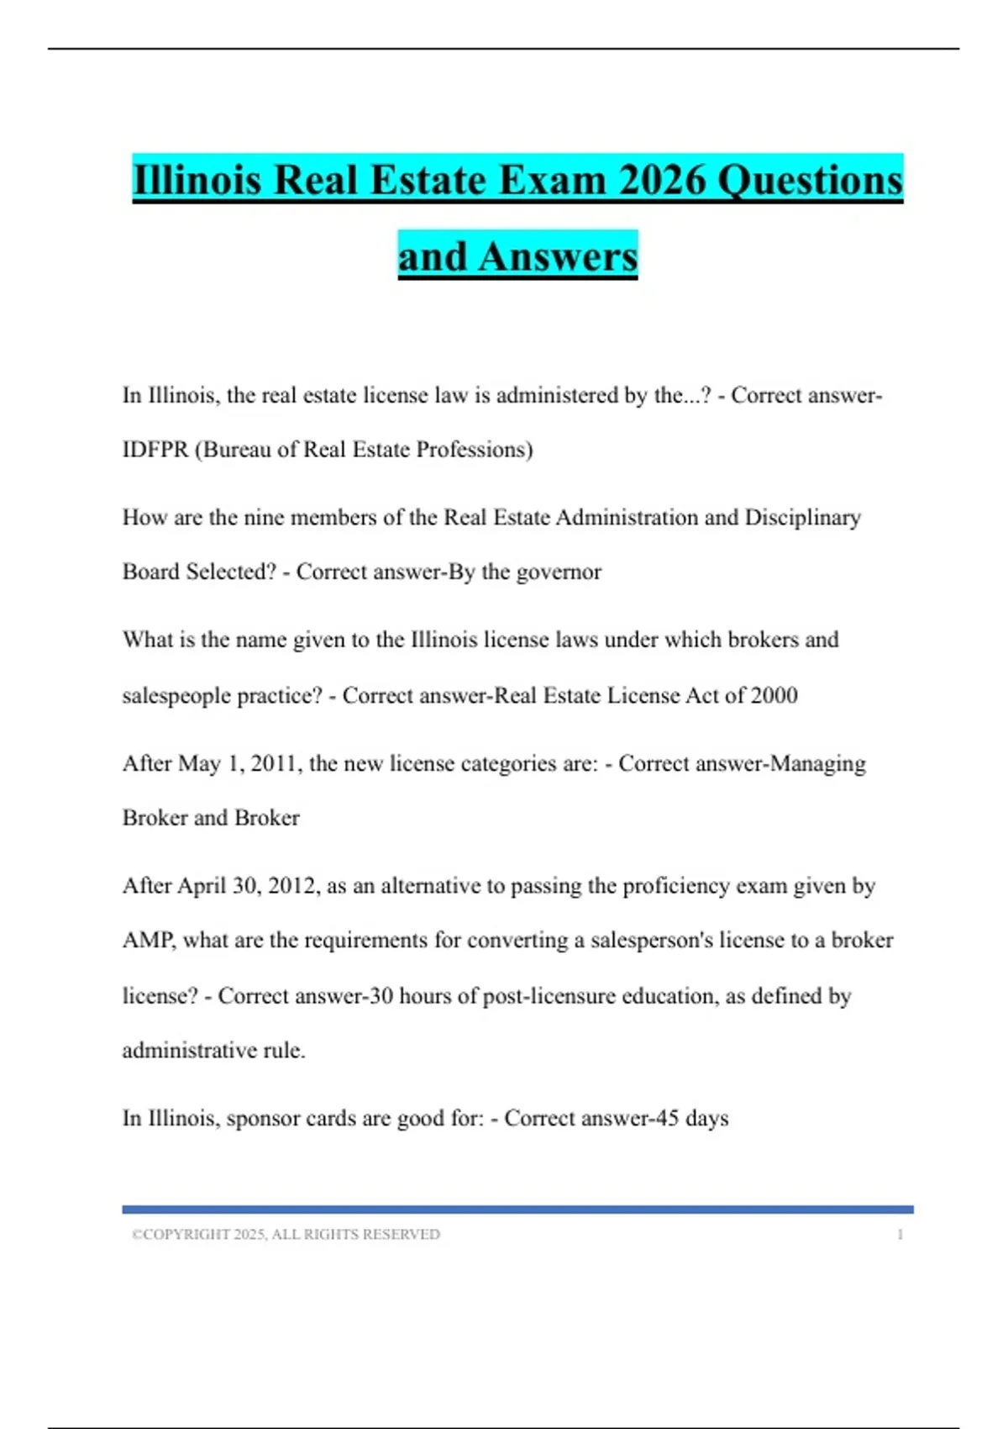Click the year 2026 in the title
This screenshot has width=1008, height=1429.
click(662, 181)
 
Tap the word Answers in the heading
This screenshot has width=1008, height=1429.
click(558, 256)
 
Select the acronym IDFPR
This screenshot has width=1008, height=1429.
click(155, 450)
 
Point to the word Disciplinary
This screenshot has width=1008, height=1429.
click(802, 518)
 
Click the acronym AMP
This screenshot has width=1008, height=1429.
click(148, 941)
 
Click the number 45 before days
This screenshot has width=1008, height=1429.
click(666, 1119)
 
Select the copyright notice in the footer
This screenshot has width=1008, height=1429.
click(286, 1234)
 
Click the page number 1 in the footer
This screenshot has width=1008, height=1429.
click(900, 1234)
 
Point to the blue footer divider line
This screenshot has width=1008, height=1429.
click(517, 1210)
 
